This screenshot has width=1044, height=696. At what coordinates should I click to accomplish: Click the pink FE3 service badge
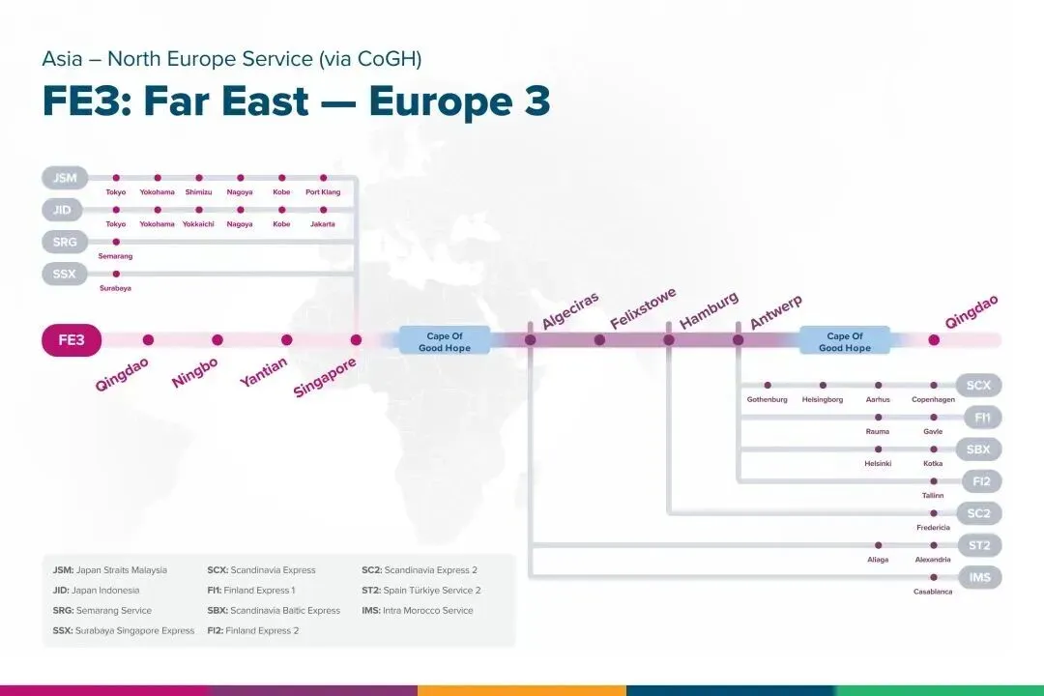(72, 339)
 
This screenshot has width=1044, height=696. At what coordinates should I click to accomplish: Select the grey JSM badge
(65, 178)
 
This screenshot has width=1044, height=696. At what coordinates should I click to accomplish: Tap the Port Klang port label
(323, 191)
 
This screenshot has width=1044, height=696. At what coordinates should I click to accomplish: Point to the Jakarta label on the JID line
(323, 224)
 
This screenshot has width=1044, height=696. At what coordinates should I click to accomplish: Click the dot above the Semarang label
(116, 242)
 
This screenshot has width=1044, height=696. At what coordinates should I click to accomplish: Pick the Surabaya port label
(115, 288)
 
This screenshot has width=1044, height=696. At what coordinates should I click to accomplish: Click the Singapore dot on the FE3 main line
(356, 339)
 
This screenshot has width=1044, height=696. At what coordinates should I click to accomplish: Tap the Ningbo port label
(194, 372)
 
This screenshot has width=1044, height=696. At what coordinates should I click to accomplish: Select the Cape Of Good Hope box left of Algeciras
(445, 341)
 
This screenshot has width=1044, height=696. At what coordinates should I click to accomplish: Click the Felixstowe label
(643, 307)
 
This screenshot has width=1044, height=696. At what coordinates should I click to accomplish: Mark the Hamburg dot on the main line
(669, 339)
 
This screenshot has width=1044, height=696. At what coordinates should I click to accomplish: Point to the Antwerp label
(775, 311)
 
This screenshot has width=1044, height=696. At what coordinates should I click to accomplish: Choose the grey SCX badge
(978, 385)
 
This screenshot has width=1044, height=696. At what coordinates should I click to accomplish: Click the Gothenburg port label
(767, 399)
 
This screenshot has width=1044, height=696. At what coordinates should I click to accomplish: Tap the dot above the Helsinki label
(878, 449)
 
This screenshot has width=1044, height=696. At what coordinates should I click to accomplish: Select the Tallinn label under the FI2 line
(933, 496)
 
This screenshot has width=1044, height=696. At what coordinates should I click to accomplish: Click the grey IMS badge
(979, 577)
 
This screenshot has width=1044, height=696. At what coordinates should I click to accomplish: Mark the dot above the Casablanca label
(934, 577)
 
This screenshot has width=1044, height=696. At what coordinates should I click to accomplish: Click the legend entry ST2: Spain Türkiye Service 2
(420, 590)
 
